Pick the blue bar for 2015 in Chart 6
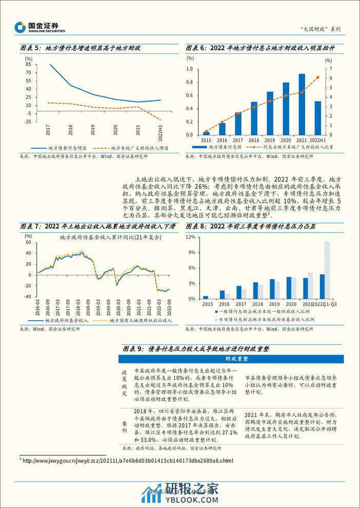(206, 133)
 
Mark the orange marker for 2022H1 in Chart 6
(317, 77)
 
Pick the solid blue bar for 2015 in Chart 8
(206, 297)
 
